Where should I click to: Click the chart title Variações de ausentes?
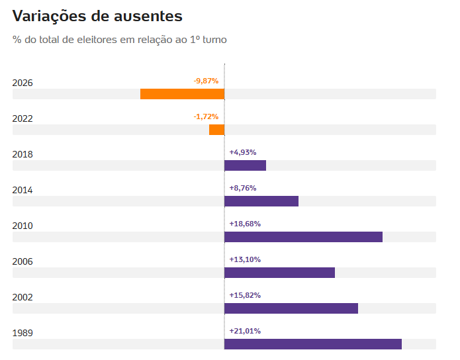pyautogui.click(x=97, y=16)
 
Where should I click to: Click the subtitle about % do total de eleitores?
pyautogui.click(x=119, y=40)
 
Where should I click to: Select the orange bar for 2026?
pyautogui.click(x=182, y=94)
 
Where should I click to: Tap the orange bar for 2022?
pyautogui.click(x=217, y=130)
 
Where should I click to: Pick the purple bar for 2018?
pyautogui.click(x=246, y=165)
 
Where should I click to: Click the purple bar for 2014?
pyautogui.click(x=261, y=201)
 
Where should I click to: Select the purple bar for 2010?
pyautogui.click(x=303, y=237)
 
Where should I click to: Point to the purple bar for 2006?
pyautogui.click(x=279, y=273)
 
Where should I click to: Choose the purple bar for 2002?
pyautogui.click(x=291, y=308)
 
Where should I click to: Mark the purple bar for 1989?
pyautogui.click(x=313, y=344)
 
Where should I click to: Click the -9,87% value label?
pyautogui.click(x=206, y=81)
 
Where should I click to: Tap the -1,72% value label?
pyautogui.click(x=206, y=116)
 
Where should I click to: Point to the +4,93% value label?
pyautogui.click(x=243, y=152)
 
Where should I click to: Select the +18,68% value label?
pyautogui.click(x=245, y=224)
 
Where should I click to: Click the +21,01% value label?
pyautogui.click(x=245, y=332)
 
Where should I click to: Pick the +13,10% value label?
pyautogui.click(x=245, y=259)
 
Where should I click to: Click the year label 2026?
pyautogui.click(x=23, y=83)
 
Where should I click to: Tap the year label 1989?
pyautogui.click(x=23, y=334)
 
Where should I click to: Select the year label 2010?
pyautogui.click(x=23, y=226)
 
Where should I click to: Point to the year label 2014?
pyautogui.click(x=23, y=191)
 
